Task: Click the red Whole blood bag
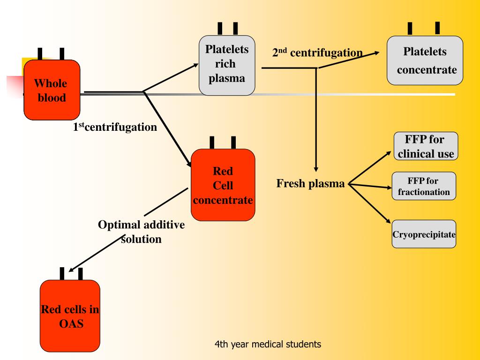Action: tap(52, 90)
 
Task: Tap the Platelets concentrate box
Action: tap(425, 60)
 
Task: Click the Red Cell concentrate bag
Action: tap(223, 185)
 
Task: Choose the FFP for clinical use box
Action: tap(425, 146)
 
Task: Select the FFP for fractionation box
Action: tap(423, 186)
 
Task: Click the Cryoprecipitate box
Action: tap(424, 234)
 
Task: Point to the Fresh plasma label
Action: tap(310, 183)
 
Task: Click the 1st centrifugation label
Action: tap(115, 127)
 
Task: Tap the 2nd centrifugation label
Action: tap(317, 52)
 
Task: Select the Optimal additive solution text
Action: tap(141, 232)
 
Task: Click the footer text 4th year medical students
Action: tap(268, 345)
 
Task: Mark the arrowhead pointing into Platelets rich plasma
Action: tap(195, 65)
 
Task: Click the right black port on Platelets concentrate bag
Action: tap(437, 28)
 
